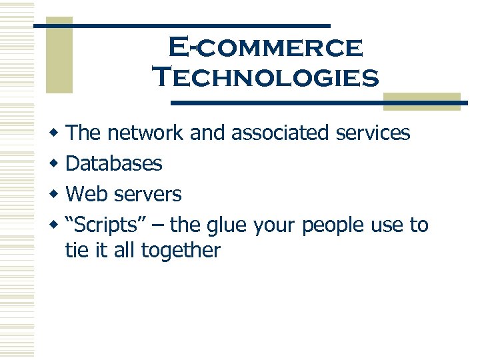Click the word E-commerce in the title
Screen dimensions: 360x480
[266, 48]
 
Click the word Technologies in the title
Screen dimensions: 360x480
[266, 77]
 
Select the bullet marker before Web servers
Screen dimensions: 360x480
[59, 195]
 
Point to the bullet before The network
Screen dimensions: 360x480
[59, 133]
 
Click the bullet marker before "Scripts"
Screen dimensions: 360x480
[59, 225]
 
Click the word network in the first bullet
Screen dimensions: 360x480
[145, 133]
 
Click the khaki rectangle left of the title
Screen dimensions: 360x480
[59, 55]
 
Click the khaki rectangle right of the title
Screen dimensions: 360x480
[422, 101]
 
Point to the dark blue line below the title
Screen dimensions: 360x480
[320, 103]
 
